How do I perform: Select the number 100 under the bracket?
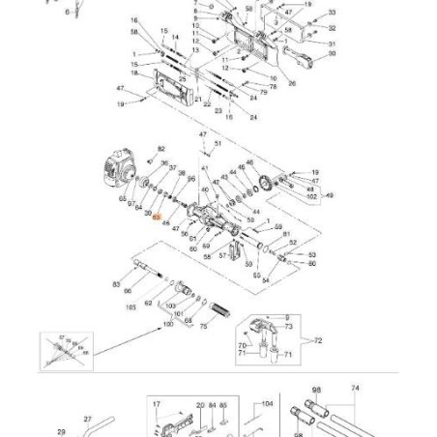170,326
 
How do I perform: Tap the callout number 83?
117,284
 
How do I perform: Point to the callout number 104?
268,404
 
